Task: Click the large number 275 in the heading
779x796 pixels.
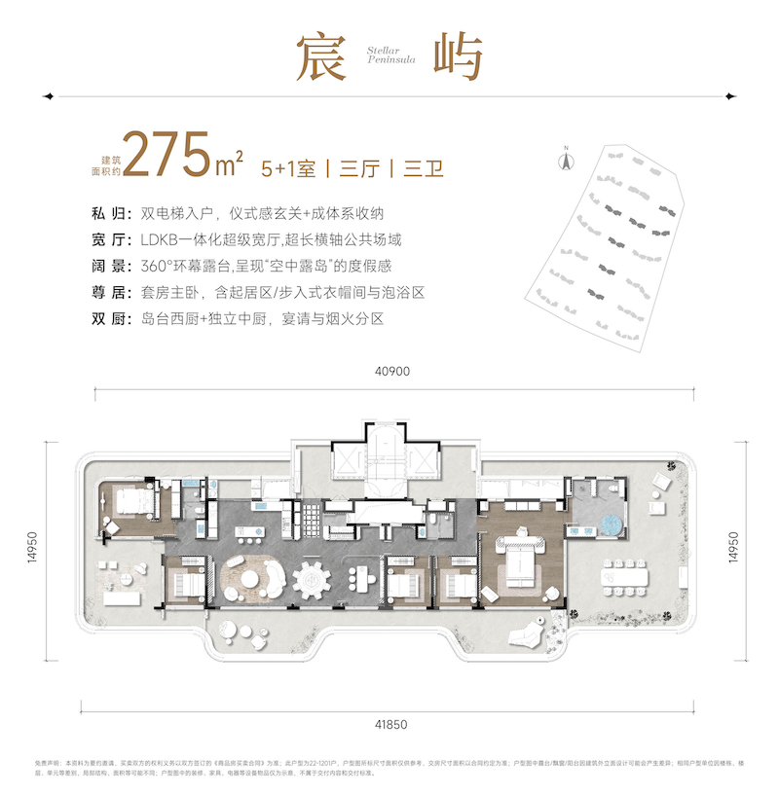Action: point(167,156)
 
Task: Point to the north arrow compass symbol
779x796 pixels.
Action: point(563,158)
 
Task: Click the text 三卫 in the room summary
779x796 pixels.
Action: point(423,167)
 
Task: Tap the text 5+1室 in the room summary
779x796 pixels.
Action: point(287,167)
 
